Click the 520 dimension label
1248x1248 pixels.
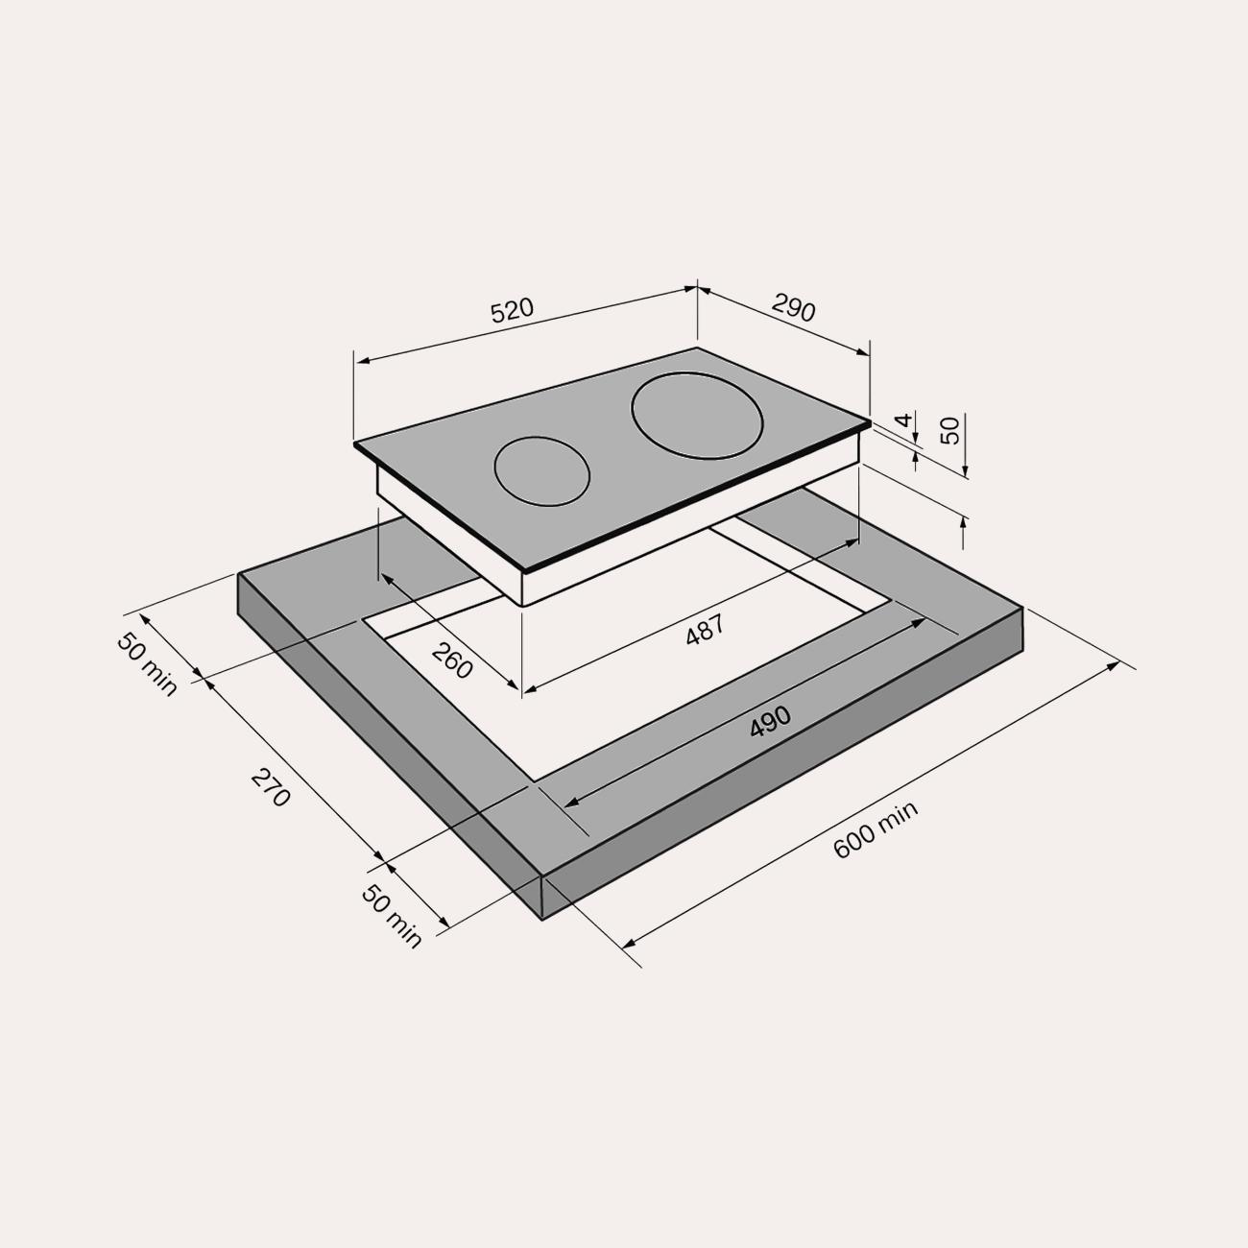click(513, 310)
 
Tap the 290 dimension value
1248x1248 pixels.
click(794, 307)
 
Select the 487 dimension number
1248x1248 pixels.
click(705, 630)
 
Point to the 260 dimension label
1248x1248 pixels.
click(451, 660)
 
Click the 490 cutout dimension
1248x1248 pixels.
click(770, 722)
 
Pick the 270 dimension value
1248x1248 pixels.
click(270, 787)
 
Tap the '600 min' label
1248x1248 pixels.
click(875, 829)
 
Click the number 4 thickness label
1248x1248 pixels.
click(903, 420)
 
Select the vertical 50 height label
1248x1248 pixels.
click(949, 431)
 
